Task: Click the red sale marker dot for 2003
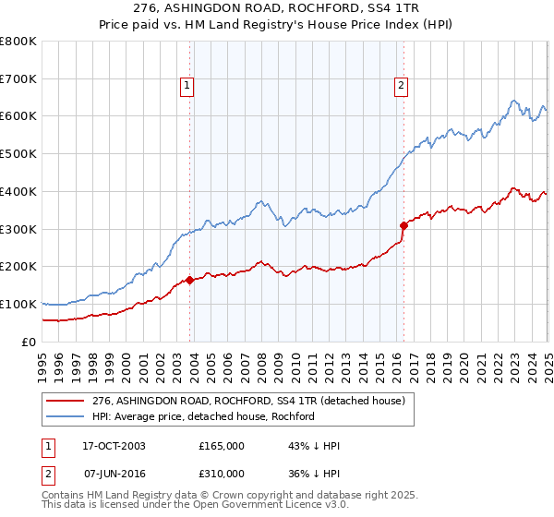(x=189, y=280)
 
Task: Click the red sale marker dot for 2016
(x=403, y=224)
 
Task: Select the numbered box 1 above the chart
(x=187, y=87)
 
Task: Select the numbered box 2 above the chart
(x=402, y=87)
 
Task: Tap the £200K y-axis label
(x=19, y=266)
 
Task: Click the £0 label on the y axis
(x=29, y=342)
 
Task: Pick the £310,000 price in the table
(x=222, y=474)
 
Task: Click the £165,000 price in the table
(x=222, y=446)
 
